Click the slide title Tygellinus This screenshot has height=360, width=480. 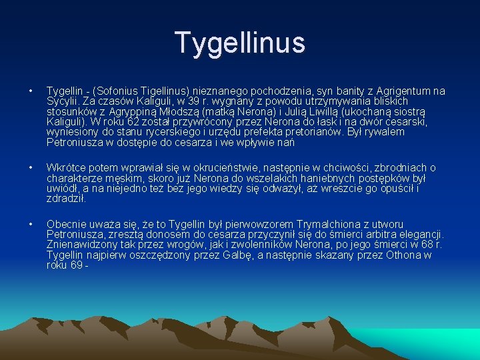[x=240, y=42]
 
